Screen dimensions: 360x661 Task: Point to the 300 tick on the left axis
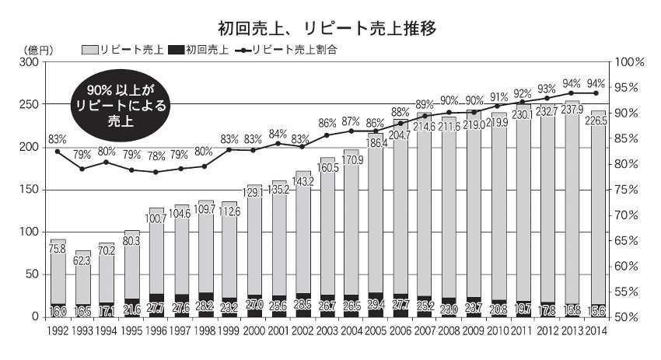[28, 62]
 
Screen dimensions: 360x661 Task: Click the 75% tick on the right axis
[626, 190]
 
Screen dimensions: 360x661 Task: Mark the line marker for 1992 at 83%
[58, 151]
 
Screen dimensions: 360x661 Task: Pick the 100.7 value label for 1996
[156, 219]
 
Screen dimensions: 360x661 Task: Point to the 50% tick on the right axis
[626, 317]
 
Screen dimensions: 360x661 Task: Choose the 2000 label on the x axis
[254, 330]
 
